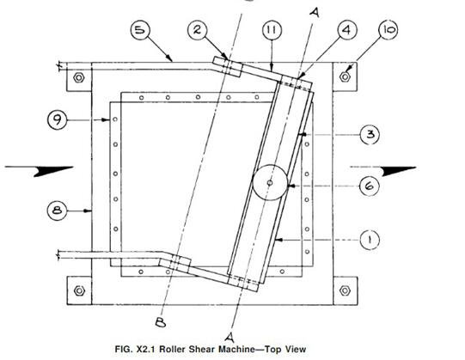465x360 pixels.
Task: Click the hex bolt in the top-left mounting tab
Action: tap(79, 77)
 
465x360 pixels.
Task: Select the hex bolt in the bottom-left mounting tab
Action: tap(79, 290)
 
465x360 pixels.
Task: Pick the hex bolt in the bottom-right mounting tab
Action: tap(345, 290)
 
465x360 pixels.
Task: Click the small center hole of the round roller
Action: tap(270, 183)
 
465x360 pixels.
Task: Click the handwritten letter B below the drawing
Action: tap(161, 322)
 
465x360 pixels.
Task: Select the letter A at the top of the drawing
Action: tap(315, 12)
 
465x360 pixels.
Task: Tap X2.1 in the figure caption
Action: tap(146, 349)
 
